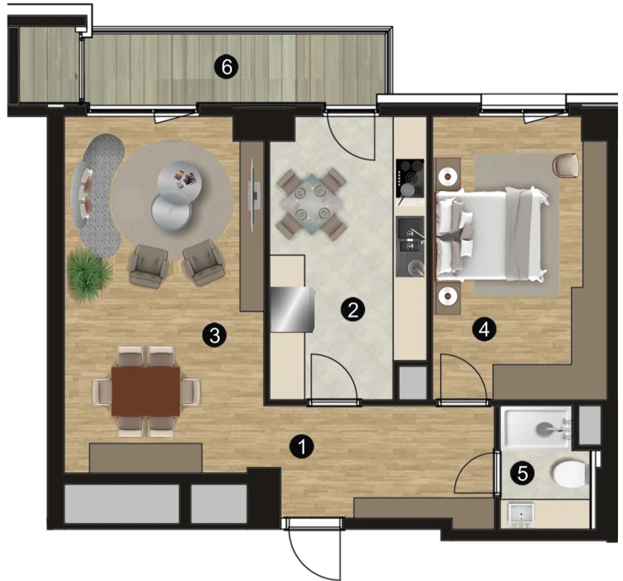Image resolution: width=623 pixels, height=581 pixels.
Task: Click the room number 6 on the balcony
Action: pos(227,67)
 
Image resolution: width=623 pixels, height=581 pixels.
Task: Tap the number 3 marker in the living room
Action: pos(215,335)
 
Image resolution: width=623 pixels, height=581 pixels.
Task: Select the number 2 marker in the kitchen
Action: pos(353,309)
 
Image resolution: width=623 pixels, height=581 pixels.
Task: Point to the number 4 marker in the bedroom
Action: pos(484,330)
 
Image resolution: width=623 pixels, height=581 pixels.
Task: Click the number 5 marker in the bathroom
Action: pos(523,473)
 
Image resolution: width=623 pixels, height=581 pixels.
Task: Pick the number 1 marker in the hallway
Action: pos(302,446)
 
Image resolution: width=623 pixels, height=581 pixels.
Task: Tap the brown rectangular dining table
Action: pos(146,391)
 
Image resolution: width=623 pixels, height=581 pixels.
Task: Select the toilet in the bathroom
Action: pos(570,474)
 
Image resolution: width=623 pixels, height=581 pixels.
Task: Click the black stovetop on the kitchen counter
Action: pos(410,178)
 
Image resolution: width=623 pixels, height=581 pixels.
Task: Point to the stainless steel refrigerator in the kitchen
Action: pos(293,309)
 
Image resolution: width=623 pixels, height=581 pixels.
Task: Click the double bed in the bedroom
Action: pos(492,235)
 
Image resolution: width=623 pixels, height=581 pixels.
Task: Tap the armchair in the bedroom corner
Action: pos(566,165)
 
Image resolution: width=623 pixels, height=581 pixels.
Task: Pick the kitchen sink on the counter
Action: pos(411,246)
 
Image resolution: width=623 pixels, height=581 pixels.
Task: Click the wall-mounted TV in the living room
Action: pos(254,196)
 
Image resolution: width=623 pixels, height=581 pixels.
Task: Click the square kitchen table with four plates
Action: pos(312,203)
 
